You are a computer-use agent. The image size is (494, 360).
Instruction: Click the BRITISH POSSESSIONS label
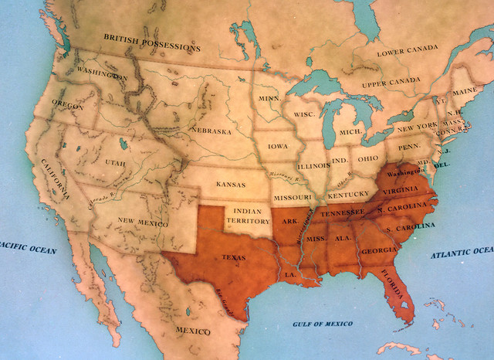tap(151, 42)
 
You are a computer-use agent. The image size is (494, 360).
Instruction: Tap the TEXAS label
tap(235, 256)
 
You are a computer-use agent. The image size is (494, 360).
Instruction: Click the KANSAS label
tap(231, 185)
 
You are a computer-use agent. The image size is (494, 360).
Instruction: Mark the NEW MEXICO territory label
tap(143, 221)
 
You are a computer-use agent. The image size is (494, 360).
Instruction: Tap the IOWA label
tap(279, 145)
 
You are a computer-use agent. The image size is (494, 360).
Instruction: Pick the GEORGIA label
tap(375, 251)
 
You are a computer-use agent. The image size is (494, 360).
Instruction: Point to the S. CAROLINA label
tap(411, 228)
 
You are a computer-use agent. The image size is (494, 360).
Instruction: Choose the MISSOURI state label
tap(292, 198)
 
